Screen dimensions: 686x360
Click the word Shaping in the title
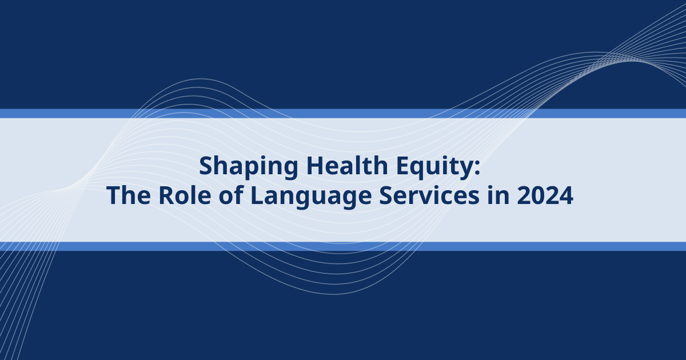point(248,167)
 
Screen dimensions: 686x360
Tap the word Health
point(347,165)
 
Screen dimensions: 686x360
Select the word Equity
point(434,167)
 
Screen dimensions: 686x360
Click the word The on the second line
point(128,195)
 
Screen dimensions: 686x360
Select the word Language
point(311,197)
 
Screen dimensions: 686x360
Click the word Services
point(429,195)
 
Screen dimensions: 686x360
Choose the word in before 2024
point(498,195)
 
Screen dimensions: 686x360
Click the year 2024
point(545,195)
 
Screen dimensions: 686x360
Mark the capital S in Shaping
point(207,166)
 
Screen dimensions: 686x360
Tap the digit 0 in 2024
point(538,195)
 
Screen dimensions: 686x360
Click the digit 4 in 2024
point(567,195)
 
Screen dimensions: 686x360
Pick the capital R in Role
point(166,195)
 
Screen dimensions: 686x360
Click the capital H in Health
point(315,166)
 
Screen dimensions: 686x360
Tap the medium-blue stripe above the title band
point(343,114)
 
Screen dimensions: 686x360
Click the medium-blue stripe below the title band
point(343,246)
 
